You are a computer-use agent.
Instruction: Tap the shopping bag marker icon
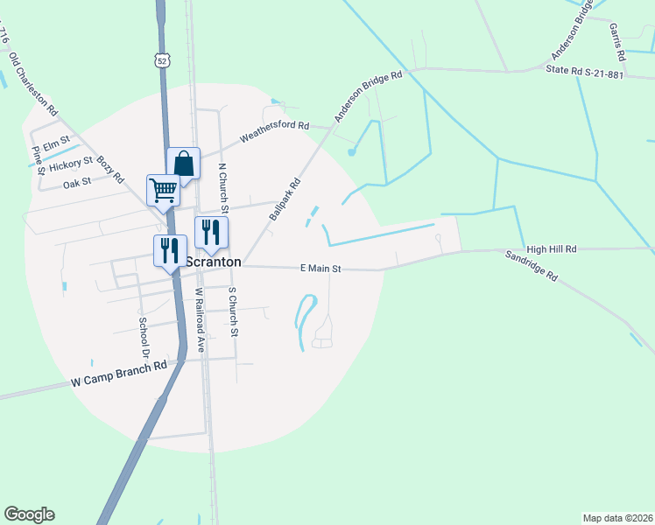click(x=183, y=163)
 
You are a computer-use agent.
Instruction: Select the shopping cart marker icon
click(x=164, y=189)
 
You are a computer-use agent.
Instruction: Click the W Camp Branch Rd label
click(x=118, y=374)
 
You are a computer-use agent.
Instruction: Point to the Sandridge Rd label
click(x=532, y=267)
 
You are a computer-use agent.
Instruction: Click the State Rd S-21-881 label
click(x=584, y=72)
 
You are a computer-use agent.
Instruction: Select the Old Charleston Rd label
click(x=33, y=85)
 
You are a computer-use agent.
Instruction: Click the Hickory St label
click(x=71, y=164)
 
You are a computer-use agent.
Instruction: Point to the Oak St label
click(x=77, y=184)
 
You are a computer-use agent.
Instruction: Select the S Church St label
click(x=232, y=311)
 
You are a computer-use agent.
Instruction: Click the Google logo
click(x=29, y=514)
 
